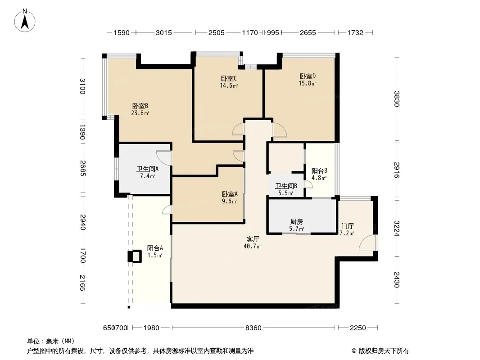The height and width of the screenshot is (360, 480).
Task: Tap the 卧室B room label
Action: tap(140, 106)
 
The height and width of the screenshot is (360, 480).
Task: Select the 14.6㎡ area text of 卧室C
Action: tap(229, 85)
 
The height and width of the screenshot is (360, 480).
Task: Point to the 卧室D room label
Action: tap(308, 76)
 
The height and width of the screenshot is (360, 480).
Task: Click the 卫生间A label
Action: tap(147, 169)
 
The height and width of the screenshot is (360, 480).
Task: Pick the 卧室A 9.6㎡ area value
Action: tap(229, 201)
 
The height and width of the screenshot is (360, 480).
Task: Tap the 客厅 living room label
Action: tap(253, 239)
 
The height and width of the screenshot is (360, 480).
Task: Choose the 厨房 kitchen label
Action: tap(297, 222)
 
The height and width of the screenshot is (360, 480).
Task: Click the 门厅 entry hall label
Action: tap(348, 226)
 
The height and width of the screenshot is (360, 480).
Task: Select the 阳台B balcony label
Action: tap(319, 171)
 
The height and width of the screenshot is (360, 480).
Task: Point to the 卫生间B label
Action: tap(286, 186)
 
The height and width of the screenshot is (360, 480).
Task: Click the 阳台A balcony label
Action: tap(155, 248)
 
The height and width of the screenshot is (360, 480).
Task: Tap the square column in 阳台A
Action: tap(135, 256)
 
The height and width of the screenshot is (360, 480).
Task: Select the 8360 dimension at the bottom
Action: tap(254, 328)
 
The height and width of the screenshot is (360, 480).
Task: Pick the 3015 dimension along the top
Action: tap(164, 33)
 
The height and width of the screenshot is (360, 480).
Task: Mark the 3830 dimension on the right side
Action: tap(396, 99)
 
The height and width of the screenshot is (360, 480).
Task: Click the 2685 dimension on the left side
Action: tap(83, 168)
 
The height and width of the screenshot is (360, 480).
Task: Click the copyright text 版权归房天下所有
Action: tap(383, 351)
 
